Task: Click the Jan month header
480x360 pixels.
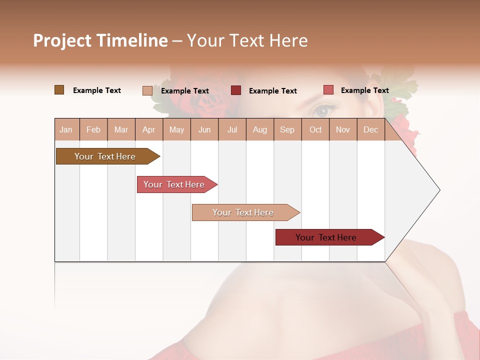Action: coord(66,129)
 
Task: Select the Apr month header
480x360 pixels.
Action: coord(148,129)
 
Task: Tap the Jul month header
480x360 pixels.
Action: coord(232,129)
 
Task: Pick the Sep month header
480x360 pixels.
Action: coord(287,129)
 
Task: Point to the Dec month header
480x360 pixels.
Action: coord(370,129)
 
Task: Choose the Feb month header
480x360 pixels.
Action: coord(93,129)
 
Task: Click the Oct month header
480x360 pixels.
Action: coord(315,129)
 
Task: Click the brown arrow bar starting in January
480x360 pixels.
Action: coord(105,156)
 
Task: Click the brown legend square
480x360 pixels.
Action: coord(59,90)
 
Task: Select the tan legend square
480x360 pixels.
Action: coord(147,90)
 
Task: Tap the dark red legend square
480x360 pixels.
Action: coord(235,90)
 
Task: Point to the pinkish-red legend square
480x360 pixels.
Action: coord(328,90)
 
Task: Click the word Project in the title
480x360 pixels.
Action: coord(61,40)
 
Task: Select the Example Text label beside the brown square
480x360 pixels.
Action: coord(97,90)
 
